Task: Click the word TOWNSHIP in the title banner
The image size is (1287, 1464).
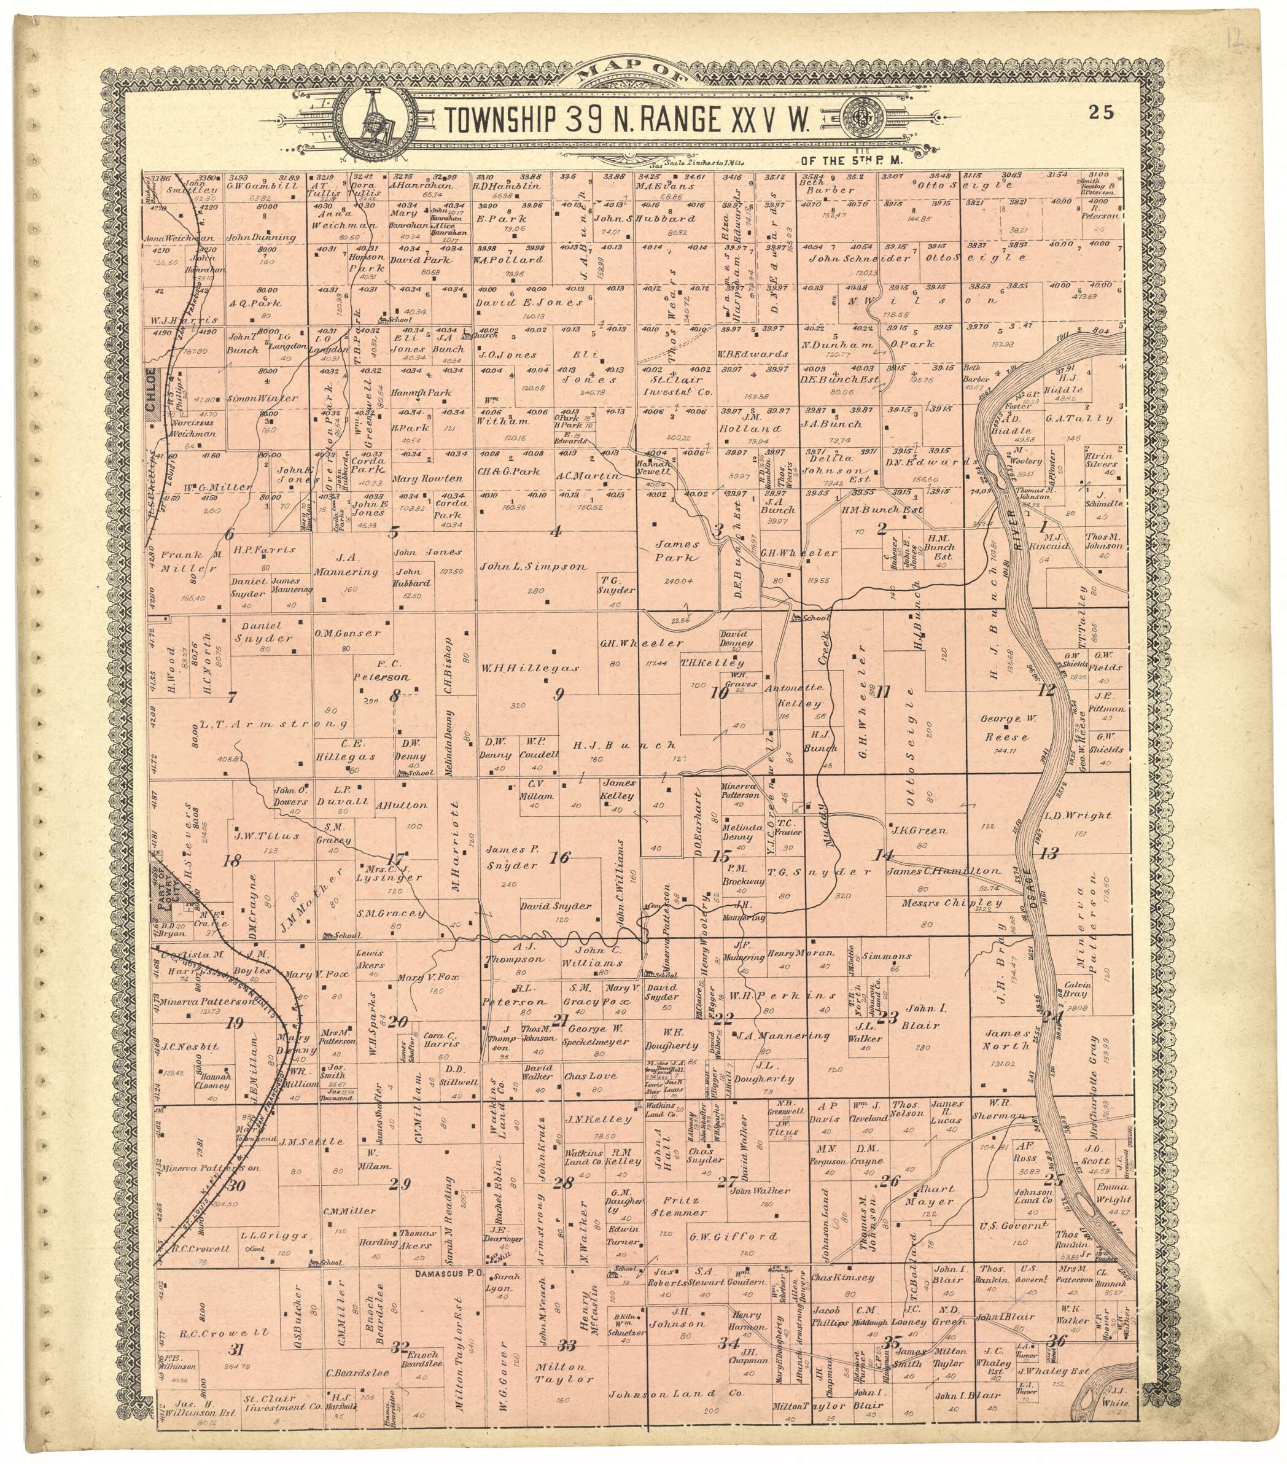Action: (x=500, y=121)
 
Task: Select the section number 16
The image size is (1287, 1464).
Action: (x=559, y=856)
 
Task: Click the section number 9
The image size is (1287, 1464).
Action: (x=559, y=693)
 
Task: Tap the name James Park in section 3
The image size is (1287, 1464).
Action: (x=676, y=551)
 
